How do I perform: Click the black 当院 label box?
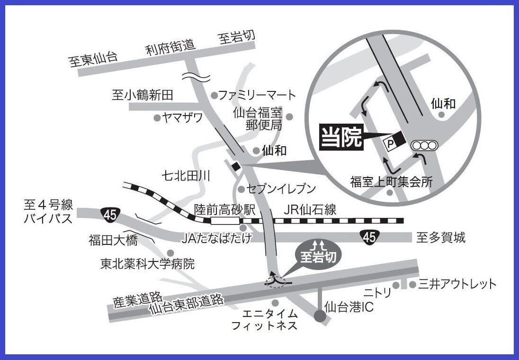tap(342, 137)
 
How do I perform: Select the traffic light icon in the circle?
tap(425, 146)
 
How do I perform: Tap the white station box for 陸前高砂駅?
tap(225, 220)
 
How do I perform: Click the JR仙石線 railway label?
tap(310, 209)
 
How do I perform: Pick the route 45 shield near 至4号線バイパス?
tap(109, 215)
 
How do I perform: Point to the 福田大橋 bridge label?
tap(113, 241)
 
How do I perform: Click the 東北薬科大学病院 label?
tap(148, 263)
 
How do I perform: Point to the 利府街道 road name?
tap(170, 47)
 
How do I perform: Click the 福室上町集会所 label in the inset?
tap(391, 182)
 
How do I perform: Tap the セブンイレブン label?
tap(281, 189)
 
